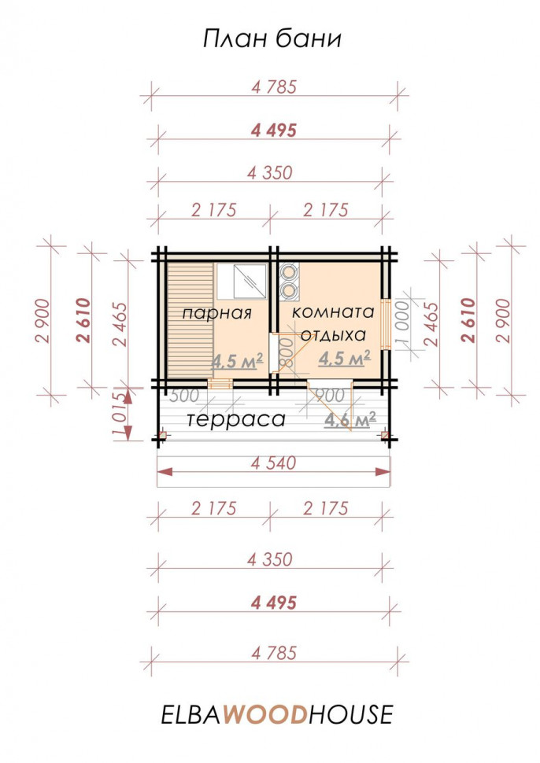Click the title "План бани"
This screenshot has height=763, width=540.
tap(272, 39)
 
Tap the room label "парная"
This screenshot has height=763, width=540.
tap(217, 313)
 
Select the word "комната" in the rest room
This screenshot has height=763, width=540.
tap(334, 312)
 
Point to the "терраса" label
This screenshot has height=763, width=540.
tap(236, 419)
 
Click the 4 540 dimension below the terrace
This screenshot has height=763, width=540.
tap(273, 463)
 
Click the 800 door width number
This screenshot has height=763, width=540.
tap(287, 352)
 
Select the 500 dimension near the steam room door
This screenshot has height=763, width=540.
tap(184, 396)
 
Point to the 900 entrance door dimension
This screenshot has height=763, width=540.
tap(331, 395)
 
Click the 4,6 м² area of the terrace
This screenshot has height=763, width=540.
tap(350, 419)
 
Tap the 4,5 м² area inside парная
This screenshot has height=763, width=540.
tap(237, 360)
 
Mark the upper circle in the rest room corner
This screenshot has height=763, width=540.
tap(290, 271)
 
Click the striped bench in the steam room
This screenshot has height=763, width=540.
tap(190, 321)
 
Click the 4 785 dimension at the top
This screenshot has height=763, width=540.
tap(274, 87)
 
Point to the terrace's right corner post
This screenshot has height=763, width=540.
tap(385, 435)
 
